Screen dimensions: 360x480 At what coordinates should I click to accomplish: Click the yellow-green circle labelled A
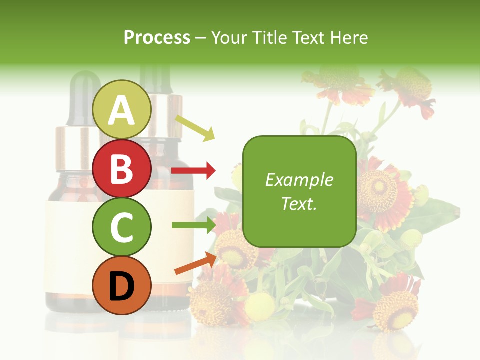pos(122,110)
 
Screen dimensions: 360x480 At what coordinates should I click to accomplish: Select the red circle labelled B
pos(122,169)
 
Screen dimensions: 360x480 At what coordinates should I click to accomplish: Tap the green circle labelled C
pos(122,227)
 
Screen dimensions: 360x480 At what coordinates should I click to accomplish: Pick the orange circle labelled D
pos(122,286)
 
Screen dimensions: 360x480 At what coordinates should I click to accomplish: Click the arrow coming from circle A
pos(195,127)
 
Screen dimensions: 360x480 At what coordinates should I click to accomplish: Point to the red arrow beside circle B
pos(193,171)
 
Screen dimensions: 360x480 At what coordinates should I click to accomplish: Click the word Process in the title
pos(157,38)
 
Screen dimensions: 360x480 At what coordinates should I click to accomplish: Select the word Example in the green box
pos(299,180)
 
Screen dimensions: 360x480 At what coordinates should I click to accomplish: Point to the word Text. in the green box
pos(299,203)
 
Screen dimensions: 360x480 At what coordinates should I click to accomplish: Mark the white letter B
pos(122,169)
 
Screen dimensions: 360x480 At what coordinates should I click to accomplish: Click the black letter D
pos(122,286)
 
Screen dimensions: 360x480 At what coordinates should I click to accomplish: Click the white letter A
pos(122,110)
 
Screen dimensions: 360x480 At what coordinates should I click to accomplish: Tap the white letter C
pos(122,227)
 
